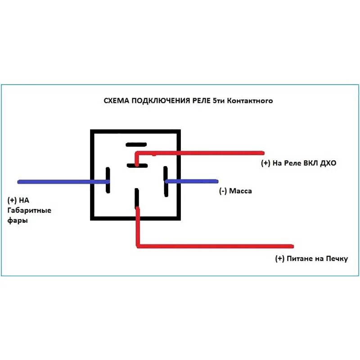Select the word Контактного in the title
click(250, 101)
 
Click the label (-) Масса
click(235, 191)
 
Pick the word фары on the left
click(17, 221)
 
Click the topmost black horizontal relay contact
click(136, 144)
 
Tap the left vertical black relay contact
click(108, 180)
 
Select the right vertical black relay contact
click(166, 181)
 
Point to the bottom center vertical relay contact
click(136, 198)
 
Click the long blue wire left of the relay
click(63, 182)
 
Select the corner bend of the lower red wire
click(138, 246)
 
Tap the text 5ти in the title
click(220, 101)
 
